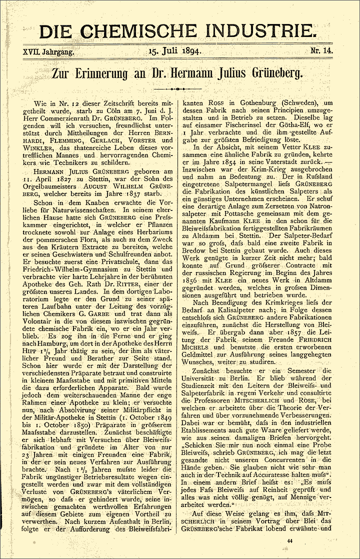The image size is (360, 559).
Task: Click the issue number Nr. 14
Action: point(323,51)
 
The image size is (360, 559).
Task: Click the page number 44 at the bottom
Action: point(290,540)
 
